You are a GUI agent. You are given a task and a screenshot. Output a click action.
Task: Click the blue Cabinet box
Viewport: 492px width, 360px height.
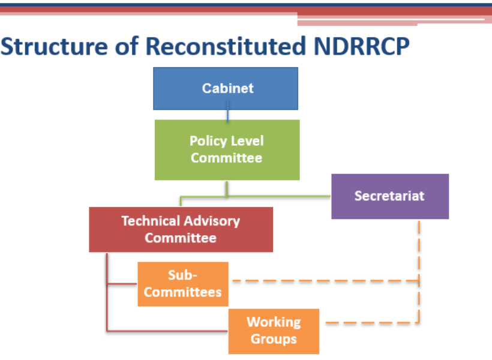(x=226, y=89)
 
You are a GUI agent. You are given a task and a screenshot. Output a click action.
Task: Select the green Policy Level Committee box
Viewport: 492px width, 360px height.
(x=227, y=150)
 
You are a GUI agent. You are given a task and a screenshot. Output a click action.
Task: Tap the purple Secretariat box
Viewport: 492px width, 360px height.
(x=390, y=196)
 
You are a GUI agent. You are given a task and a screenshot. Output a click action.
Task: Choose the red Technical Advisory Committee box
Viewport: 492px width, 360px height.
(x=181, y=229)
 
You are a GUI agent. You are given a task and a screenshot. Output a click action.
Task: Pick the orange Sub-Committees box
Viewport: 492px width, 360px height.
(x=183, y=284)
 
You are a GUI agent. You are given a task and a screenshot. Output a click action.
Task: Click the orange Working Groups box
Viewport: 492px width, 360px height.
(x=274, y=331)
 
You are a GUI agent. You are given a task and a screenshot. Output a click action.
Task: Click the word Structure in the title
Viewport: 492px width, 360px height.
(x=54, y=46)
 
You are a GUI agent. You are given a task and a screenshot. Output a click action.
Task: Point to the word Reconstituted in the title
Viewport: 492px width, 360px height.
(x=226, y=46)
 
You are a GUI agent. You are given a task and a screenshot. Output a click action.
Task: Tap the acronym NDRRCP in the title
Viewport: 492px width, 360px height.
(x=361, y=46)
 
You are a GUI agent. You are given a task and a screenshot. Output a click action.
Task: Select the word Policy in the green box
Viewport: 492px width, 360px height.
(x=208, y=142)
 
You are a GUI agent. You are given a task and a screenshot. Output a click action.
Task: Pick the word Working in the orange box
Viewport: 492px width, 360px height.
(x=274, y=323)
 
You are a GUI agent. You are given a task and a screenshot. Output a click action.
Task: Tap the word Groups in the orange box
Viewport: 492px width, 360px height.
(x=274, y=339)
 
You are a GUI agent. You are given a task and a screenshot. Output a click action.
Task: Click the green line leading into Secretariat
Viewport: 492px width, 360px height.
(x=279, y=196)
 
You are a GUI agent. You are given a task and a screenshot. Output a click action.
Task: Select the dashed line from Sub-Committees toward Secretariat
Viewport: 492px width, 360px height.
(x=325, y=281)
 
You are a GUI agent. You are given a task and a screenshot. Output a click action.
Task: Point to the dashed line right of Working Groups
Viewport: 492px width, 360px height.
(x=372, y=322)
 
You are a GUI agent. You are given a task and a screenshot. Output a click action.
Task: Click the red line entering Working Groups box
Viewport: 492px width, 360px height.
(x=167, y=331)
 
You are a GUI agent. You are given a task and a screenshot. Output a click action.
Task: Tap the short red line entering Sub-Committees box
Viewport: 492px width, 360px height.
(x=122, y=284)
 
